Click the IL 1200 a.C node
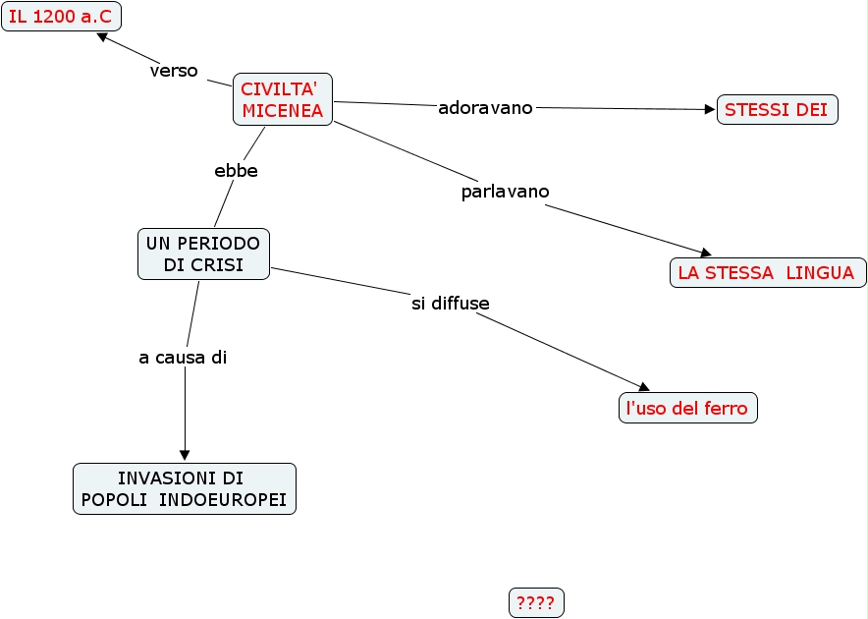point(60,17)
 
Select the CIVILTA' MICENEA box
point(283,99)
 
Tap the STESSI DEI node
point(777,110)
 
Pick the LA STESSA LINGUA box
point(767,273)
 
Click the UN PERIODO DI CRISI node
point(203,253)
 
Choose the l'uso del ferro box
point(687,408)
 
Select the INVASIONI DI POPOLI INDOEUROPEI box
point(185,488)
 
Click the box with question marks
point(536,603)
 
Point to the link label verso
point(174,71)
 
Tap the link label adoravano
point(485,107)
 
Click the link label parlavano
point(505,191)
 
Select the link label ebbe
point(236,170)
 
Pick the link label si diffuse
point(450,303)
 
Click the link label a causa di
point(183,358)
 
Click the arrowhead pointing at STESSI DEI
point(711,110)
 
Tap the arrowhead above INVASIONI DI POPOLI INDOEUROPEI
point(185,455)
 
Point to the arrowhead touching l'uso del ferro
point(644,389)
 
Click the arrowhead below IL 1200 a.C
point(101,37)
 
